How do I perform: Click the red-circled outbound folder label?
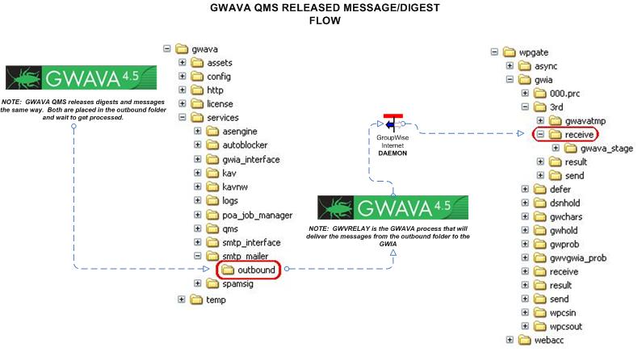[x=256, y=270]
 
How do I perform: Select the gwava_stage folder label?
[x=607, y=149]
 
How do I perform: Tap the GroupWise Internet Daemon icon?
[x=392, y=123]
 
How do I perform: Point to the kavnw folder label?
[x=235, y=187]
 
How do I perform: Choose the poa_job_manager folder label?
[x=257, y=216]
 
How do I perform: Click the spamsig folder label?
[x=237, y=284]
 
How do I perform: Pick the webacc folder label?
[x=549, y=340]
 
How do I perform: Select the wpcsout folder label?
[x=565, y=327]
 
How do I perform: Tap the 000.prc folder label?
[x=565, y=94]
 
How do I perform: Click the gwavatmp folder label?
[x=586, y=121]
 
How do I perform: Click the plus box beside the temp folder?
[x=182, y=299]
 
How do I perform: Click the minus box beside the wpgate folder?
[x=494, y=52]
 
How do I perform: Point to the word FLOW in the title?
[x=325, y=21]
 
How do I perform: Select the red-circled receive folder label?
[x=579, y=135]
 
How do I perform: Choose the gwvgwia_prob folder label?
[x=577, y=258]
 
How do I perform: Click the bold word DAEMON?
[x=392, y=153]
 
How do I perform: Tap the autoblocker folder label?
[x=245, y=145]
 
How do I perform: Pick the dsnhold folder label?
[x=565, y=203]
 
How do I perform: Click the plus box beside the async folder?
[x=510, y=66]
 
